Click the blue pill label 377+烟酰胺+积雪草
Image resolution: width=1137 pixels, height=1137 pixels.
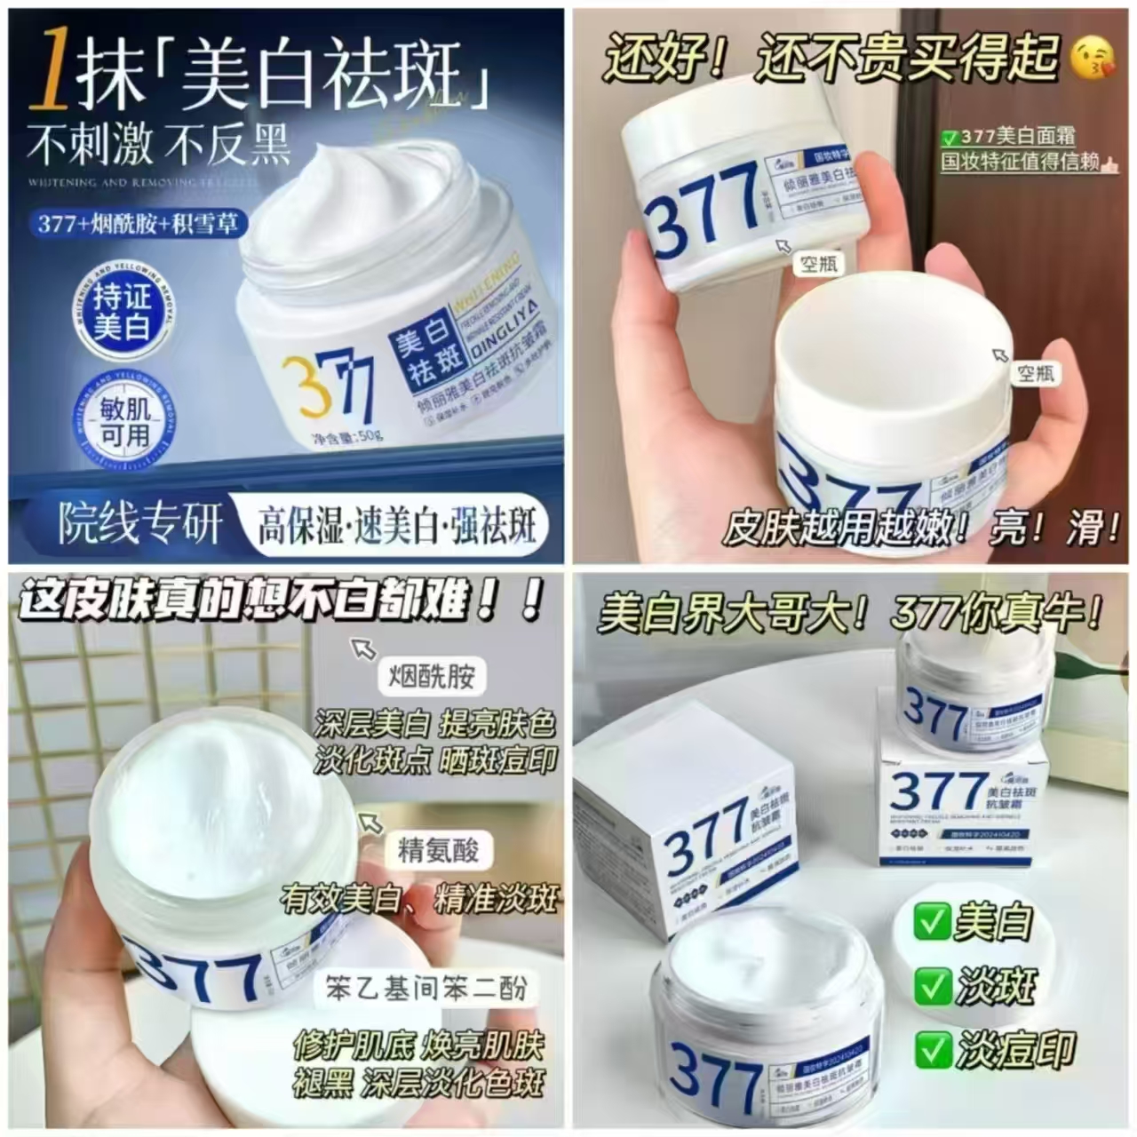tap(138, 223)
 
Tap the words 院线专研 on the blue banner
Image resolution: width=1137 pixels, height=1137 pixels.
tap(139, 524)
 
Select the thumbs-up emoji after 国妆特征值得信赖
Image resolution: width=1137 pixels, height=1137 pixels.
tap(1112, 162)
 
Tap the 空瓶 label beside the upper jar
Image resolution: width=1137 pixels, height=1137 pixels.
tap(818, 264)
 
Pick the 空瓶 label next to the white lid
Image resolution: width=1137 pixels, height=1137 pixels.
tap(1035, 373)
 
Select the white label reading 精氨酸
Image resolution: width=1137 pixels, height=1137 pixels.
tap(439, 850)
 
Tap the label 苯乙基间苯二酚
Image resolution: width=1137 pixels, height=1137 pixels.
tap(426, 989)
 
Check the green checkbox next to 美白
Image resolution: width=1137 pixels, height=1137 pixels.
tap(933, 922)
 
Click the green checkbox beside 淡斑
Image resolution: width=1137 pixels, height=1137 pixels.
tap(933, 986)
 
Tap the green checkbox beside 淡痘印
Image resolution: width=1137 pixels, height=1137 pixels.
tap(933, 1050)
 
